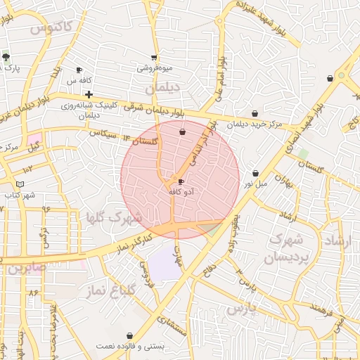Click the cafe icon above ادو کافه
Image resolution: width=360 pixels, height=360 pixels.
click(x=181, y=181)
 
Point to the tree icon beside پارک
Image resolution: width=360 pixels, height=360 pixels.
click(x=6, y=58)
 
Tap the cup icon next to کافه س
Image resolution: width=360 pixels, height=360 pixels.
click(x=79, y=70)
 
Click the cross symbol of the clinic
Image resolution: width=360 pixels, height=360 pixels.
click(x=88, y=94)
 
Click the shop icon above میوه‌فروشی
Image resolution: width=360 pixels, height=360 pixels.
click(x=155, y=58)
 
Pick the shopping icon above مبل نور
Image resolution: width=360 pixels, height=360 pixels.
click(x=255, y=173)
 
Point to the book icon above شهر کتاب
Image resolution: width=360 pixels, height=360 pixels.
click(x=20, y=184)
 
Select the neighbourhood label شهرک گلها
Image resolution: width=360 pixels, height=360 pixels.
click(x=112, y=215)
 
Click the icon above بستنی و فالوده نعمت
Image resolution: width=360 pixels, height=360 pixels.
click(x=129, y=336)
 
